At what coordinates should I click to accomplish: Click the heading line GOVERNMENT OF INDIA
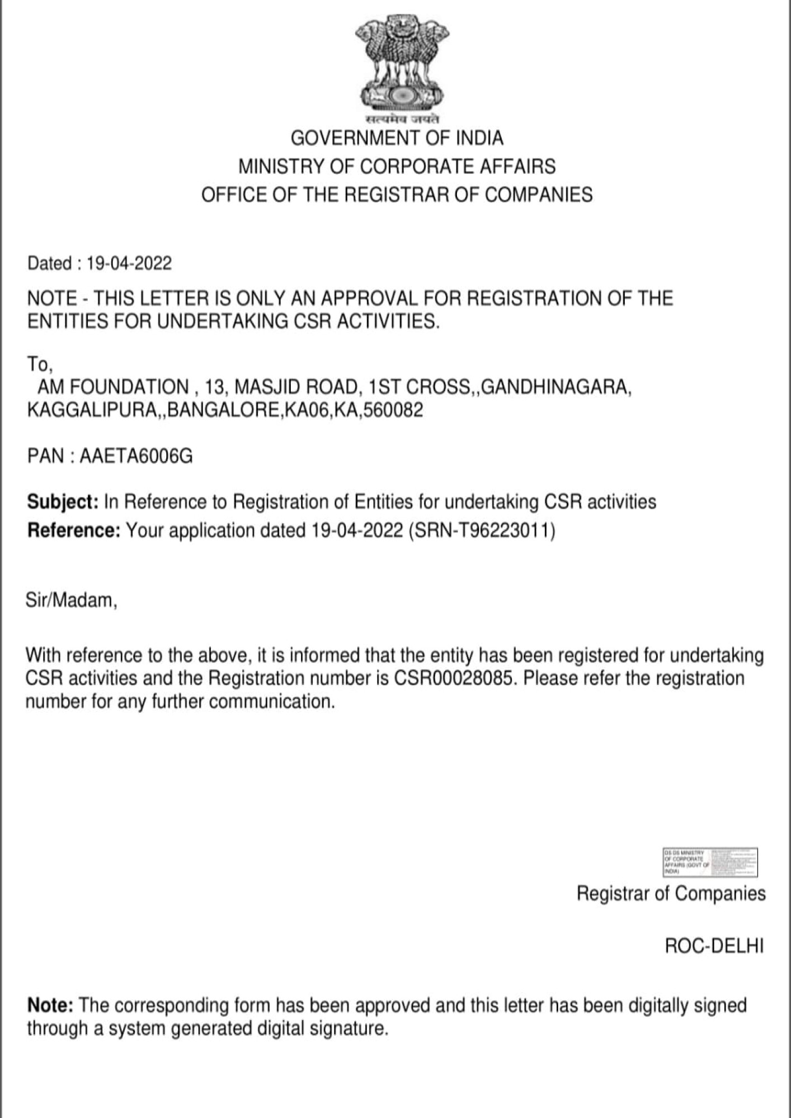[397, 138]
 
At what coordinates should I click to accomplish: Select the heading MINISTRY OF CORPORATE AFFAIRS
[397, 167]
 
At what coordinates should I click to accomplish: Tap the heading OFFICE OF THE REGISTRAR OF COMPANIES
[397, 195]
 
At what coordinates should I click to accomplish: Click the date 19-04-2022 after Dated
[129, 263]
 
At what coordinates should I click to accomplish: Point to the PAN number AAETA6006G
[136, 456]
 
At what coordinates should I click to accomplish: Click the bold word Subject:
[63, 502]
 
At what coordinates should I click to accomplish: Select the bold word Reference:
[74, 530]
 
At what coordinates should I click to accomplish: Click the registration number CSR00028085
[453, 678]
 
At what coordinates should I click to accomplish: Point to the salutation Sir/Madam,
[72, 600]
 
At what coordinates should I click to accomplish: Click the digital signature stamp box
[710, 862]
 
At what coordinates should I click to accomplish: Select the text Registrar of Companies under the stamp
[671, 893]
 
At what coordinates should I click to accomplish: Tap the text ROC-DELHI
[714, 946]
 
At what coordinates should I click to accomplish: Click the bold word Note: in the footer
[50, 1005]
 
